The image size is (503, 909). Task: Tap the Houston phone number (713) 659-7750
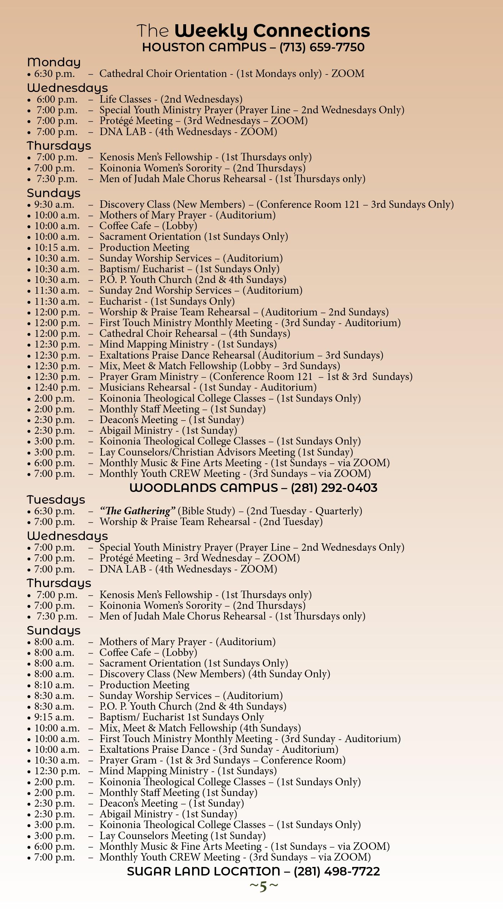pyautogui.click(x=322, y=47)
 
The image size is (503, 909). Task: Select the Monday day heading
pyautogui.click(x=54, y=62)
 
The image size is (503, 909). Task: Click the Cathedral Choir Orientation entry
pyautogui.click(x=163, y=74)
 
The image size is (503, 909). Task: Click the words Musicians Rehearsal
pyautogui.click(x=145, y=387)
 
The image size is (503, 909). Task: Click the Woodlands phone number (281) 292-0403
pyautogui.click(x=334, y=488)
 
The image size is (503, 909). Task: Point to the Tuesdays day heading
pyautogui.click(x=56, y=500)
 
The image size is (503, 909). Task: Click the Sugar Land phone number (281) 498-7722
pyautogui.click(x=337, y=872)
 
